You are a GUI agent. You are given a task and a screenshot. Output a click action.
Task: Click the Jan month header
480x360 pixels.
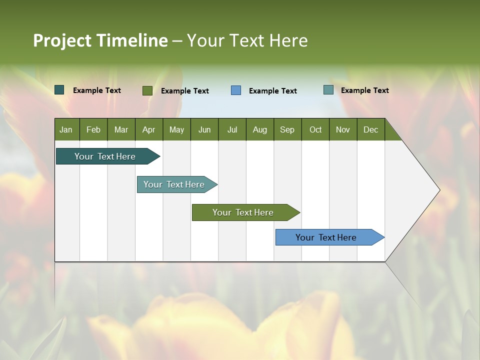click(x=66, y=129)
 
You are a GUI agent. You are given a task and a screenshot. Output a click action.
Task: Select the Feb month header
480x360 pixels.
click(x=93, y=129)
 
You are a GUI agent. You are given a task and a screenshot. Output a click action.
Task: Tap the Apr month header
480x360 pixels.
click(x=148, y=129)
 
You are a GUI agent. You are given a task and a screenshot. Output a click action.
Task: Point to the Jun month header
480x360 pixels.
click(x=204, y=129)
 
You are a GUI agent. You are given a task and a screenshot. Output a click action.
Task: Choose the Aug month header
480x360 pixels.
click(x=259, y=129)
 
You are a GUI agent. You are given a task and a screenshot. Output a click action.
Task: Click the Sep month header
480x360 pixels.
click(x=287, y=129)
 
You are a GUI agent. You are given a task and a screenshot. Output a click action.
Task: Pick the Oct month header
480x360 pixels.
click(x=315, y=129)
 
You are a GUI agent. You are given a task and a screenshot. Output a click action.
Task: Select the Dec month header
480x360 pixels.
click(x=370, y=129)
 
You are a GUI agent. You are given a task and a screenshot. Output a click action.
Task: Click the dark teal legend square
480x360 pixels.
click(x=59, y=90)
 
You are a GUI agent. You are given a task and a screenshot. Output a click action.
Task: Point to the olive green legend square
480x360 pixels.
click(x=147, y=90)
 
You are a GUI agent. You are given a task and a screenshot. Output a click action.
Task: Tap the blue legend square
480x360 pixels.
click(x=236, y=90)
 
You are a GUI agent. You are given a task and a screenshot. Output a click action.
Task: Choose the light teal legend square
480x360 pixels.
click(x=328, y=90)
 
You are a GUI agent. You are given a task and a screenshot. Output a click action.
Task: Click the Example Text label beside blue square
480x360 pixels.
click(x=272, y=90)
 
